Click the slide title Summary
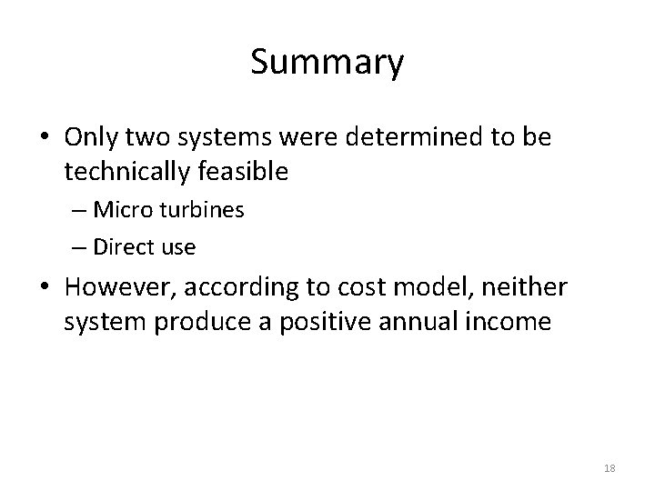pos(327,63)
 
